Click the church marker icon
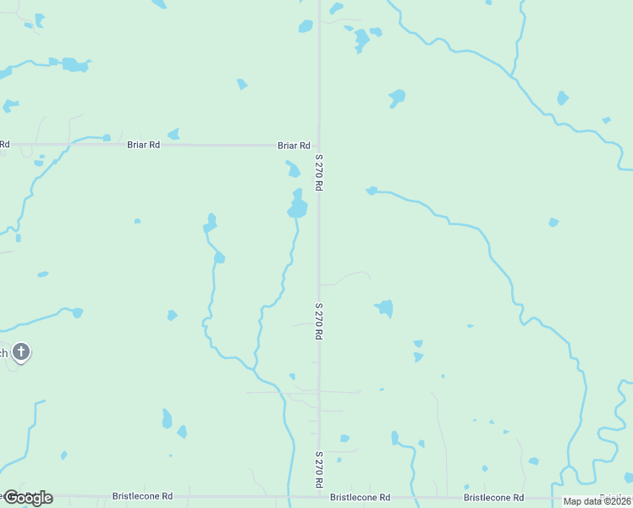(x=21, y=351)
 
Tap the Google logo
(x=27, y=497)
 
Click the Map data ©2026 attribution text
(x=597, y=501)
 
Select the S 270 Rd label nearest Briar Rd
(x=319, y=171)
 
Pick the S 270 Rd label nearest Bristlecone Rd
(x=319, y=469)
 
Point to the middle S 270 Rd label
(x=319, y=322)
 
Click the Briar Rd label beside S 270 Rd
(x=294, y=146)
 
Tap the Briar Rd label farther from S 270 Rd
(x=143, y=145)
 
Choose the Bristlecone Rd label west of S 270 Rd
(x=142, y=496)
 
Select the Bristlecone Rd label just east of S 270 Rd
(x=360, y=498)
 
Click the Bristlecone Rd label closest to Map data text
(x=493, y=498)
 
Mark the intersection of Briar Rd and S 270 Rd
(x=319, y=145)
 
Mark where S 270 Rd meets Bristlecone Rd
(x=319, y=496)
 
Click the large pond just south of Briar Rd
(x=297, y=206)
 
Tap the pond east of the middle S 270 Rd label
(x=385, y=307)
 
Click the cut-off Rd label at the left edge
(x=4, y=145)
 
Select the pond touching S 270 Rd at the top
(x=305, y=26)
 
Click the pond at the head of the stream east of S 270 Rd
(x=372, y=190)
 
